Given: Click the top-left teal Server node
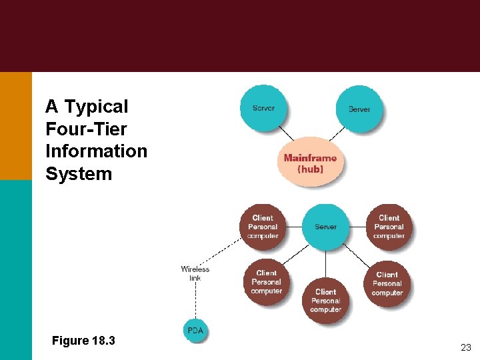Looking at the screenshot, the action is pyautogui.click(x=263, y=108).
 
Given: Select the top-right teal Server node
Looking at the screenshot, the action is pyautogui.click(x=359, y=109).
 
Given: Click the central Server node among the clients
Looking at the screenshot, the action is pyautogui.click(x=325, y=227).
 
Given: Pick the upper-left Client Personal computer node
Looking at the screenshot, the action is pyautogui.click(x=263, y=227).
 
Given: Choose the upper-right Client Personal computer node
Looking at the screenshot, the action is pyautogui.click(x=389, y=227).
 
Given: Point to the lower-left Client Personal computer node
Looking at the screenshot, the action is pyautogui.click(x=266, y=282).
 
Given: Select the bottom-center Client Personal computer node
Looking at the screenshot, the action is pyautogui.click(x=325, y=300).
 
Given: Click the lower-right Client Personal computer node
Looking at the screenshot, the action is pyautogui.click(x=387, y=283).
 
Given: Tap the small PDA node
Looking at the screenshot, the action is pyautogui.click(x=195, y=331).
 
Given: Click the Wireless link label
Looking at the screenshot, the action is pyautogui.click(x=195, y=273).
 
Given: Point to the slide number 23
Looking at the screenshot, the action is pyautogui.click(x=465, y=347).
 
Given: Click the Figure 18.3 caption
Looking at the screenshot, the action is pyautogui.click(x=83, y=341).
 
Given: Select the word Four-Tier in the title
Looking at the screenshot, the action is pyautogui.click(x=86, y=129).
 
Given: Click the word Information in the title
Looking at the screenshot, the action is pyautogui.click(x=96, y=151).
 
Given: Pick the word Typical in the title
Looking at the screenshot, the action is pyautogui.click(x=97, y=107).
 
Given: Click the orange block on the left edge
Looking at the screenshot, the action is pyautogui.click(x=15, y=125).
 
